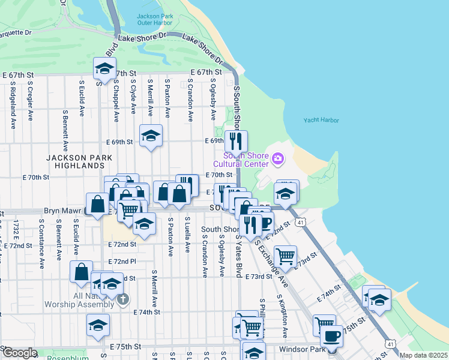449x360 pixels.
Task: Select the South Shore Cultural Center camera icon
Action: click(277, 158)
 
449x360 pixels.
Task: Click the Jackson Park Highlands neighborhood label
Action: click(76, 161)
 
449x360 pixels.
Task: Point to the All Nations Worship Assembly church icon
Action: click(123, 299)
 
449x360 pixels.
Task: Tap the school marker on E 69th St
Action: click(151, 136)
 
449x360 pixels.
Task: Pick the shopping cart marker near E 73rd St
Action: click(285, 256)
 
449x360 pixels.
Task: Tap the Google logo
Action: click(19, 353)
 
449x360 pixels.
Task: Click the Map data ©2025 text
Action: click(424, 355)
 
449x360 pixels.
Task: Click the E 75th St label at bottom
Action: click(125, 347)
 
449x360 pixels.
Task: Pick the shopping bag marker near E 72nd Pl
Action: click(81, 271)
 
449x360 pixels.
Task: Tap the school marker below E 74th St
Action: click(98, 325)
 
